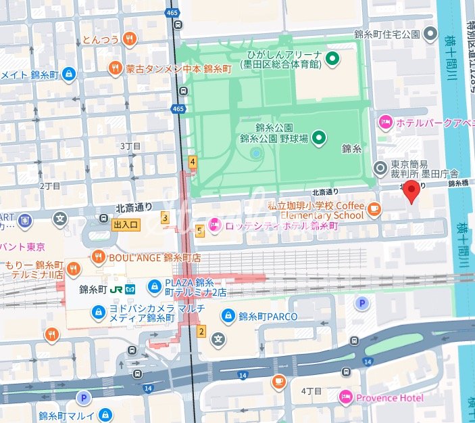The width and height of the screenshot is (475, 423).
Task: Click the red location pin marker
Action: tap(411, 192)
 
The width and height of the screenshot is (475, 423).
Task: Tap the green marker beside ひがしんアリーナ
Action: tap(332, 59)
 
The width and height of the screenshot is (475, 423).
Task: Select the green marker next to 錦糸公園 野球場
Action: tap(320, 138)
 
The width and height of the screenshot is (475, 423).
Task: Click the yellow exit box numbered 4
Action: tap(193, 162)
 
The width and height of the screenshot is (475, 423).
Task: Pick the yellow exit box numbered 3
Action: tap(164, 217)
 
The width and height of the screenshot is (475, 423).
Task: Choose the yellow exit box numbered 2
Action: tap(201, 331)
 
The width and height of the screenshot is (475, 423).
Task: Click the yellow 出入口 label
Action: tap(126, 225)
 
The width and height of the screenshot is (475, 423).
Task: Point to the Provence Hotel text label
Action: tap(389, 397)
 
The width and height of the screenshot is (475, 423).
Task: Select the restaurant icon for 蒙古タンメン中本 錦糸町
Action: tap(116, 68)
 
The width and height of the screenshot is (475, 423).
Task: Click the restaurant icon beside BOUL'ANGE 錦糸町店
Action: tap(99, 257)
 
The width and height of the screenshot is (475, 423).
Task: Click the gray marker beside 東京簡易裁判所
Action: tap(381, 166)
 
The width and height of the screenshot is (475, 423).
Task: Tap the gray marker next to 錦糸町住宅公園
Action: tap(430, 34)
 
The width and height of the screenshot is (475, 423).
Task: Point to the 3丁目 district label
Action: tap(130, 146)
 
